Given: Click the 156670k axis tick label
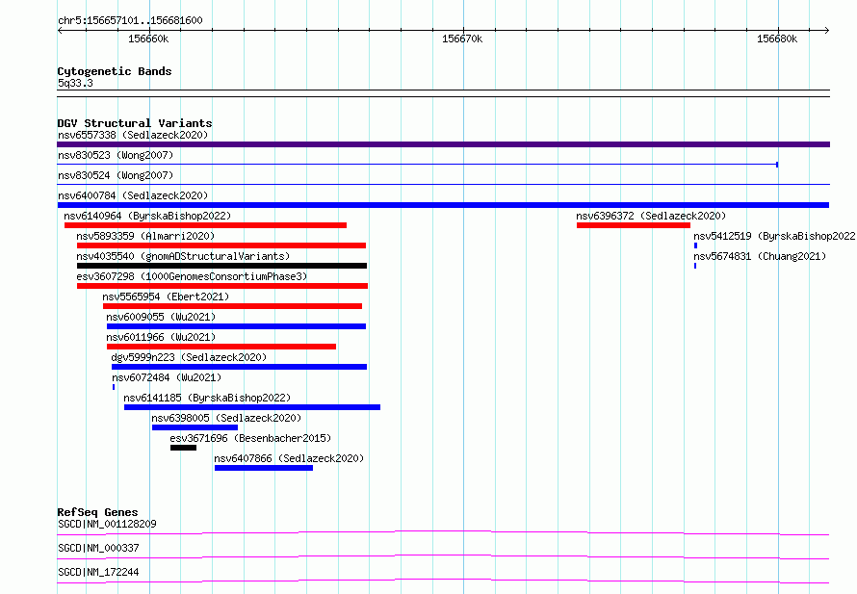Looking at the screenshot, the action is click(x=462, y=39).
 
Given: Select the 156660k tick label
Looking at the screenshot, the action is click(x=148, y=39).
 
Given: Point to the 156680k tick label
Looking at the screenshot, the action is click(x=777, y=39).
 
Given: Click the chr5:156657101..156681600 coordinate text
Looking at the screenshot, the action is click(x=130, y=21).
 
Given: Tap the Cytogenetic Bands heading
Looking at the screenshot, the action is click(x=115, y=71).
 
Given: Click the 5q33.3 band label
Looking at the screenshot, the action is click(x=75, y=83).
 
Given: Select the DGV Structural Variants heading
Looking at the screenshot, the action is click(x=135, y=123).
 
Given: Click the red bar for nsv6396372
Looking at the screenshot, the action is click(x=633, y=225).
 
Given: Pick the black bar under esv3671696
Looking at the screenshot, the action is click(x=183, y=448).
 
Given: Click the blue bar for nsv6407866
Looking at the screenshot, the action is click(x=264, y=468).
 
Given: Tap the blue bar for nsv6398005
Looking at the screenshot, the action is click(x=195, y=427).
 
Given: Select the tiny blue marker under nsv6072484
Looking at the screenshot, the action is click(x=114, y=387).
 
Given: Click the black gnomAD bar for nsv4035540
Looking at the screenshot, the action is click(x=221, y=266).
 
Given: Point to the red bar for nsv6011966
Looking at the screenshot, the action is click(x=221, y=347).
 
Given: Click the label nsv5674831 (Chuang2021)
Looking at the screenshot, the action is click(x=760, y=256).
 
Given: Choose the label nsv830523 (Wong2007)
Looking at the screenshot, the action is click(x=116, y=155).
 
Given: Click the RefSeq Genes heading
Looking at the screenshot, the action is click(x=97, y=512).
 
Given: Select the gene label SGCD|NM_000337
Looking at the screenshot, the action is click(x=98, y=548).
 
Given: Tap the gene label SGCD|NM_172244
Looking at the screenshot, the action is click(x=98, y=572).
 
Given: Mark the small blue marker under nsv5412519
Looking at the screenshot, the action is click(x=695, y=245).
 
